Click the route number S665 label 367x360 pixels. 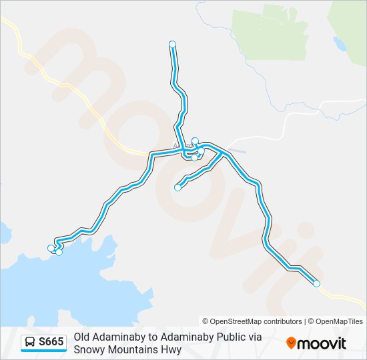(x=51, y=343)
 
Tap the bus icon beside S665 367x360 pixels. (x=31, y=343)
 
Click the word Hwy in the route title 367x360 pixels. (x=171, y=349)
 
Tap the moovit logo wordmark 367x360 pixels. (x=322, y=343)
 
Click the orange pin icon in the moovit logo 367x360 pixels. (x=291, y=343)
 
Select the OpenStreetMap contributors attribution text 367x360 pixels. (x=252, y=321)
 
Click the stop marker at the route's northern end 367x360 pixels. (x=172, y=44)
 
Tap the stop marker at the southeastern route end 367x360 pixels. (x=316, y=284)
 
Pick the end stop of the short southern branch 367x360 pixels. (x=177, y=187)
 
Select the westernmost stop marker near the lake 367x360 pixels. (x=51, y=248)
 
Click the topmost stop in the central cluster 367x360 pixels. (x=195, y=141)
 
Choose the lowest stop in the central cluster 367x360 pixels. (x=194, y=157)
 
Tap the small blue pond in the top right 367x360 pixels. (x=340, y=44)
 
